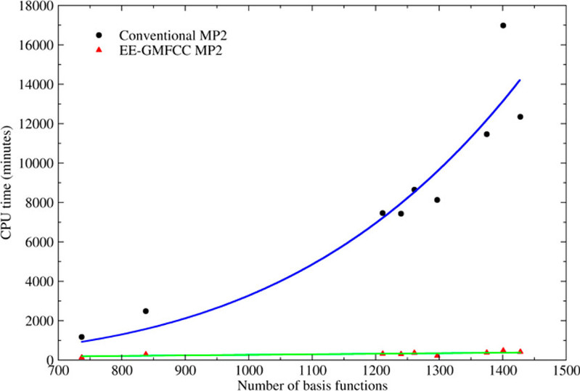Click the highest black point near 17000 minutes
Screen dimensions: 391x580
click(503, 25)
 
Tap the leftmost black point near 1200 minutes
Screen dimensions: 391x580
click(81, 337)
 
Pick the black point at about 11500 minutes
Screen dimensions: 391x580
click(486, 134)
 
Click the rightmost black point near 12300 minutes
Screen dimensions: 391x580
click(520, 117)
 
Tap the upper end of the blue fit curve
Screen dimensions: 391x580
click(520, 81)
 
